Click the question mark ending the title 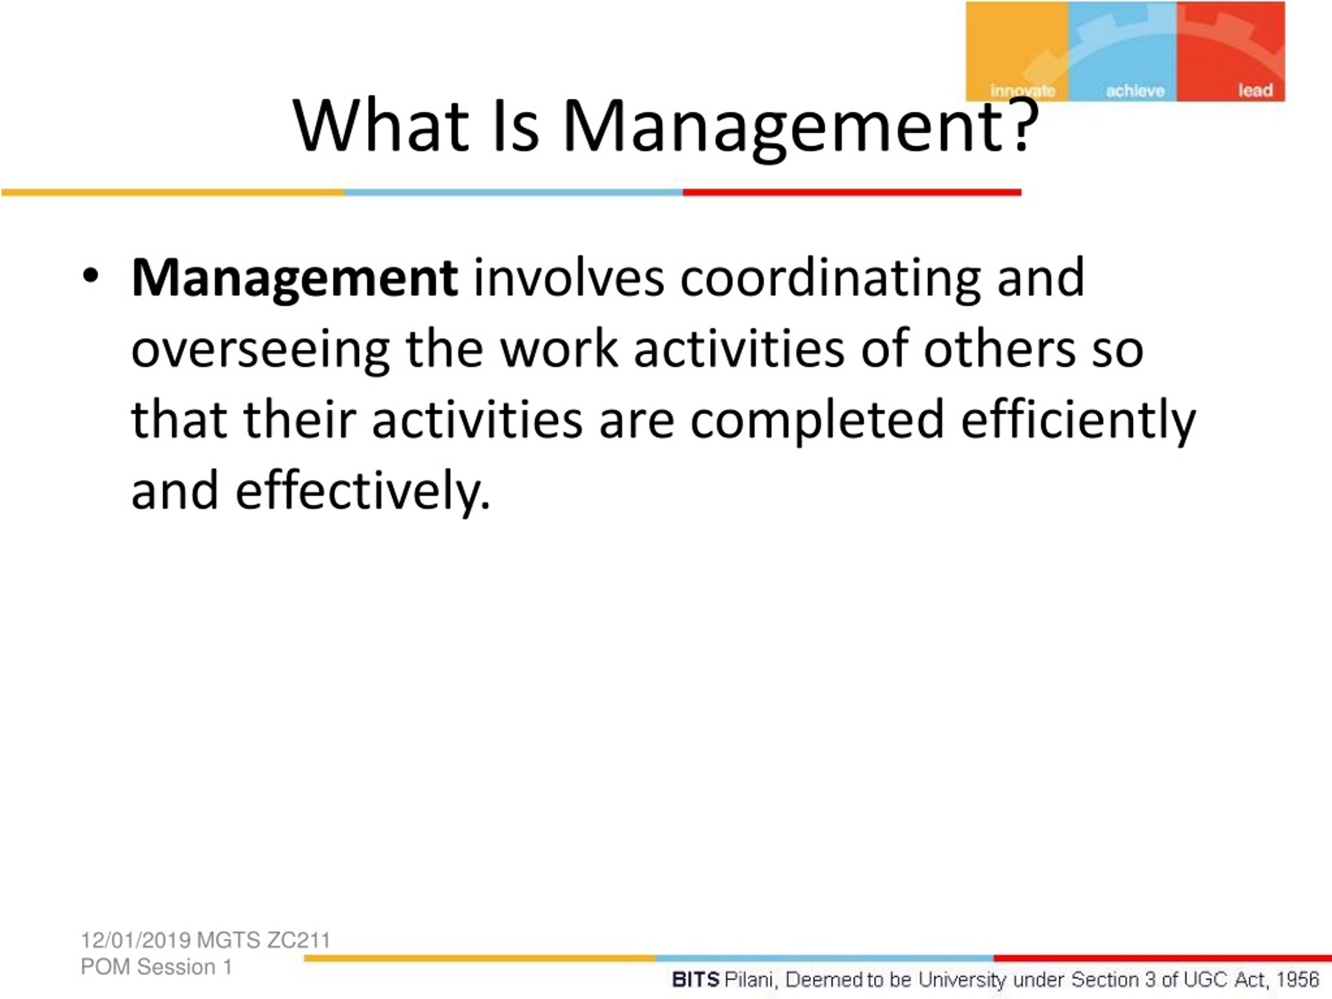coord(1022,125)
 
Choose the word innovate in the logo coord(1022,91)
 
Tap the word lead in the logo coord(1256,91)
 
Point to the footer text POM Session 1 coord(157,967)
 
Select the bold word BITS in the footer coord(696,980)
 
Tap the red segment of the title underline coord(852,192)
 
